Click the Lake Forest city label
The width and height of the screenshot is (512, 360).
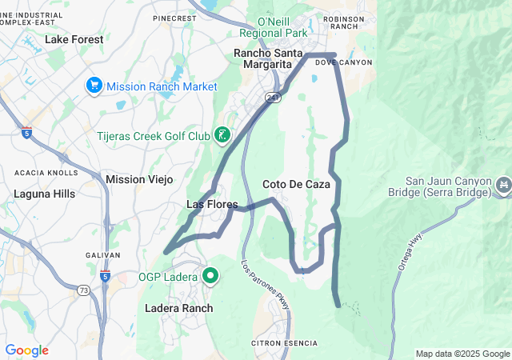click(74, 38)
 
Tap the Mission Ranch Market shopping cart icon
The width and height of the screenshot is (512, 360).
click(94, 85)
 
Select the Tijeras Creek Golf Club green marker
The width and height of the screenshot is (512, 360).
click(222, 134)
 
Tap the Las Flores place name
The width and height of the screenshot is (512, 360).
click(211, 205)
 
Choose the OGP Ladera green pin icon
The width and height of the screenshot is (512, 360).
click(211, 277)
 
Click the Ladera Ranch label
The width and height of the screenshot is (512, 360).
click(179, 308)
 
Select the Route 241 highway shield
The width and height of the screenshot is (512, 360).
click(274, 98)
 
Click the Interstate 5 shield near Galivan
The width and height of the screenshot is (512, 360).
click(105, 276)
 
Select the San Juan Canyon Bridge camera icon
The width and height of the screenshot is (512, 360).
click(503, 186)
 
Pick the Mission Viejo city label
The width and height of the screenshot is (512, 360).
click(139, 179)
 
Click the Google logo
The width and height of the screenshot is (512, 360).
click(26, 350)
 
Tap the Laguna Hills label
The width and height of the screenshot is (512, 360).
click(43, 194)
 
